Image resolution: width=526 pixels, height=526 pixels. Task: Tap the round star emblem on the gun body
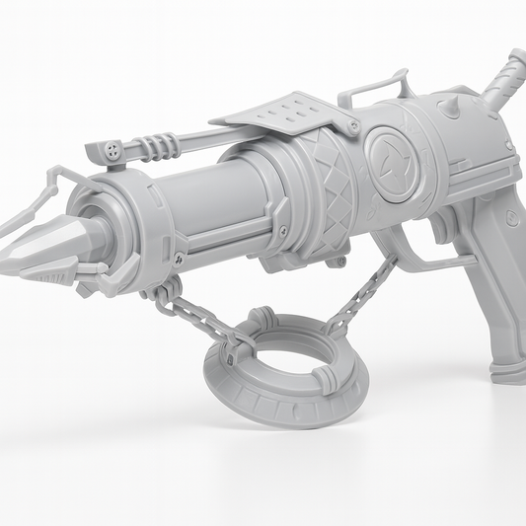pyautogui.click(x=393, y=158)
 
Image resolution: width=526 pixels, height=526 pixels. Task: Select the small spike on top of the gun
pyautogui.click(x=444, y=105)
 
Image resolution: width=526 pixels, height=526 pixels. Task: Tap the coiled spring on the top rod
pyautogui.click(x=158, y=145)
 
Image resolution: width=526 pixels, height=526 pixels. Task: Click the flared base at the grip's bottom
pyautogui.click(x=508, y=373)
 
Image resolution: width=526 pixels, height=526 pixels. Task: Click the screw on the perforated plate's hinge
pyautogui.click(x=352, y=126)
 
